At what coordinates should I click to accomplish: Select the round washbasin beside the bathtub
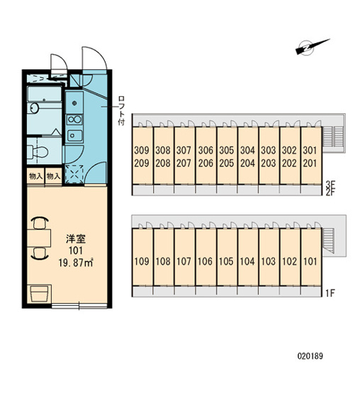coord(33,108)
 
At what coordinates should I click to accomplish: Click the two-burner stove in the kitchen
coord(74,120)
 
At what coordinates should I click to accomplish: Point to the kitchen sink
coord(74,135)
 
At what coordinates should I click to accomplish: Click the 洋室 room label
coord(76,239)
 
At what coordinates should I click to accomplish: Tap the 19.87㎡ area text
coord(76,263)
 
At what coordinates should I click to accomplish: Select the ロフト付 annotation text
coord(121,110)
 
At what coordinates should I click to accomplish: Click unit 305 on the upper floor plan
coord(227,150)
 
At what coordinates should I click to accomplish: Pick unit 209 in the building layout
coord(142,163)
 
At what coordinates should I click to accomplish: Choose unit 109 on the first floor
coord(142,261)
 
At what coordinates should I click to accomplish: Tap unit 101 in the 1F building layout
coord(310,261)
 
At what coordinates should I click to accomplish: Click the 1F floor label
coord(330,292)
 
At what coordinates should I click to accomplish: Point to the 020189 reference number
coord(310,356)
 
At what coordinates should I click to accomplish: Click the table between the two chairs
coord(39,238)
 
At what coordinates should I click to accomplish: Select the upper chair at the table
coord(40,223)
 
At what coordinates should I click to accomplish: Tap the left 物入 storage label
coord(35,176)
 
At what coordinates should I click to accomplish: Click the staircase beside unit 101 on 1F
coord(328,241)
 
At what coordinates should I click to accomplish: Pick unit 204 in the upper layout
coord(247,163)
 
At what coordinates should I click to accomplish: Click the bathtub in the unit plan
coord(45,94)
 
